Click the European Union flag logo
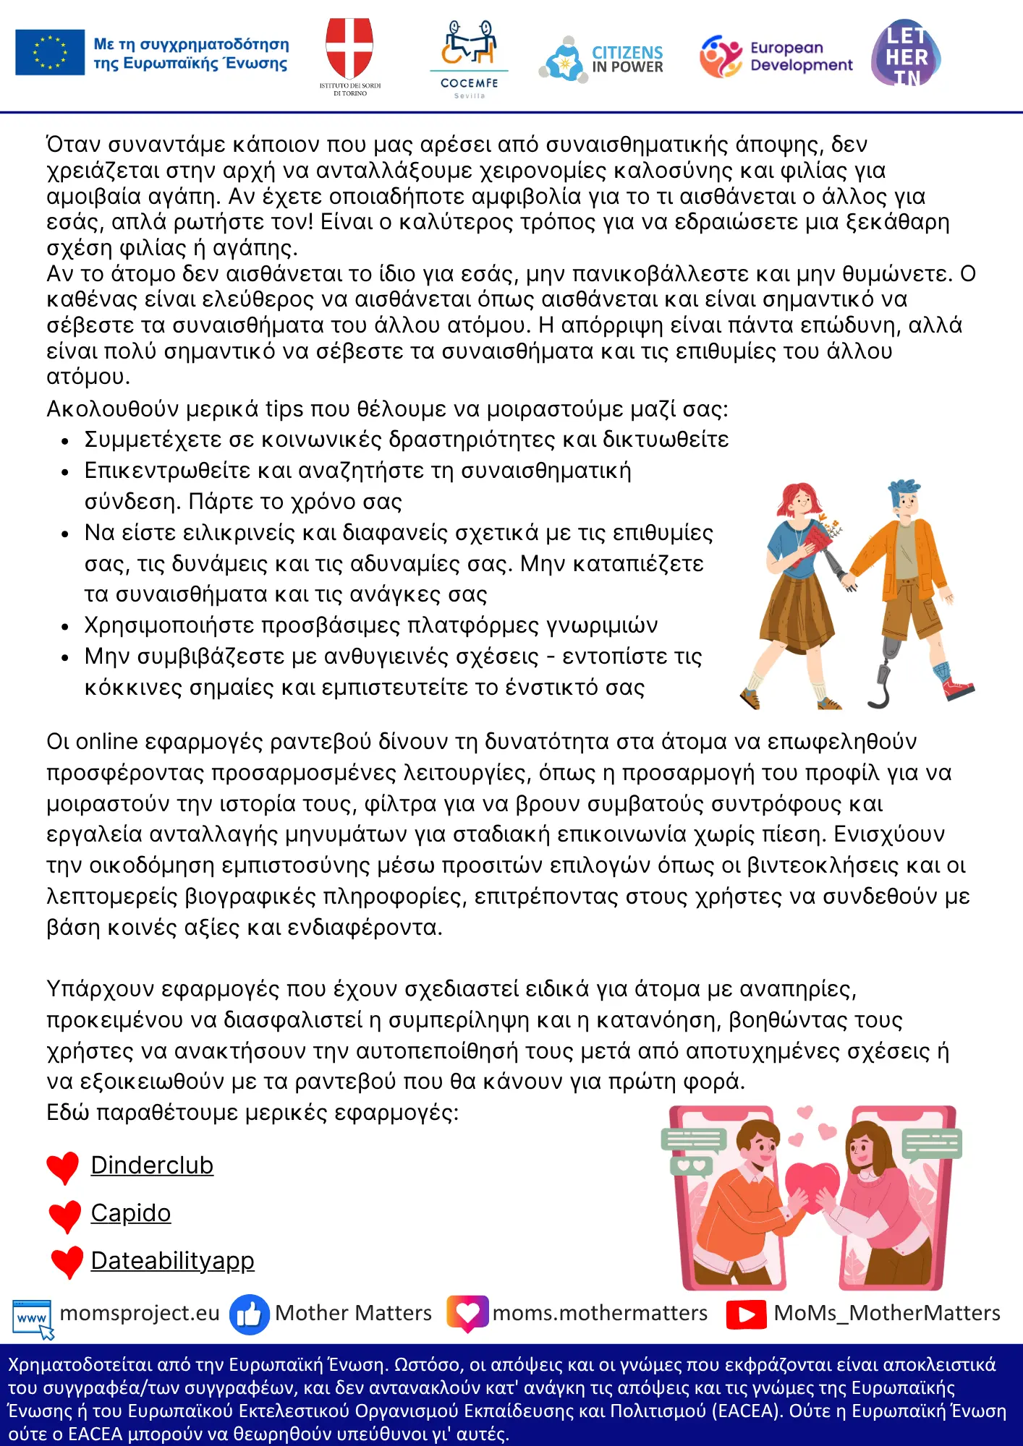[x=50, y=53]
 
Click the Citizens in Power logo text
[x=627, y=60]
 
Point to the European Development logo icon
[x=721, y=56]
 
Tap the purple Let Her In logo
[x=906, y=54]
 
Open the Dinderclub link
[x=152, y=1165]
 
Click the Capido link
[x=131, y=1213]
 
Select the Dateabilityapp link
[x=172, y=1261]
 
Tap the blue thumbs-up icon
[x=249, y=1314]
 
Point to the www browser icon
[x=33, y=1317]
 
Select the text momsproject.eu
[x=140, y=1313]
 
